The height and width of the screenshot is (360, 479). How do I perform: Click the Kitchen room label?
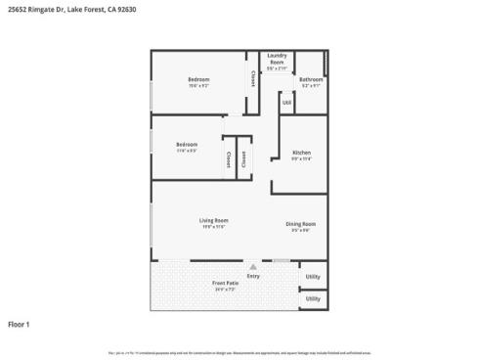coord(302,153)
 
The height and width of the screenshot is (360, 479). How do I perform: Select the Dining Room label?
coord(300,224)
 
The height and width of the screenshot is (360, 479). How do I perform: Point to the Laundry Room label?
coord(277,60)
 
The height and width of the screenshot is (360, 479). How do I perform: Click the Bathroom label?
coord(311,79)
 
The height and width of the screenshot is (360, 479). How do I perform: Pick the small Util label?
coord(286,102)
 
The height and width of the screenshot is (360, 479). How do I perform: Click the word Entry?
coord(253,276)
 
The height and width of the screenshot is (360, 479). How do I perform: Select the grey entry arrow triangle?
coord(253,266)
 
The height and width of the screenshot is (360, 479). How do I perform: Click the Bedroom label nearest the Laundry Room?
coord(198,79)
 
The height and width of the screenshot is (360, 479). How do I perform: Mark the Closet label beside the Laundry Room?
coord(252,74)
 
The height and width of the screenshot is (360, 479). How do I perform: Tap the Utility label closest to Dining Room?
coord(313,277)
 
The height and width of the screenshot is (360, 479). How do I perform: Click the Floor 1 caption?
coord(20,323)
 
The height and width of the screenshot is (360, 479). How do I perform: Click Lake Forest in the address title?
coord(99,10)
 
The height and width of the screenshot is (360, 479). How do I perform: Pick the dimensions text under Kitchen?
coord(302,158)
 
